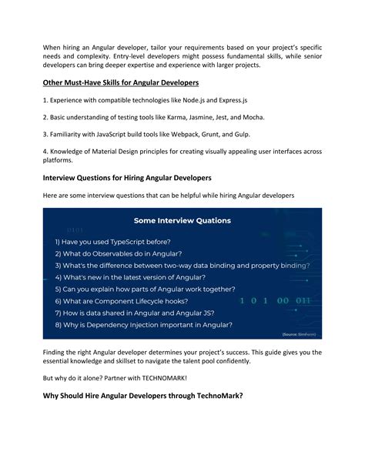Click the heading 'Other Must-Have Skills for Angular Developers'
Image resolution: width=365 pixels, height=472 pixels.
120,82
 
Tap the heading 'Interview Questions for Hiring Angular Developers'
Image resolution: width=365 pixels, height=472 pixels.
127,176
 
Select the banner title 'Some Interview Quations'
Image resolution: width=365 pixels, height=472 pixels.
182,219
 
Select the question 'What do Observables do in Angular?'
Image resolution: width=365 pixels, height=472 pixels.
118,253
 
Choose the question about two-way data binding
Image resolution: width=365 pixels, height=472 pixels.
182,265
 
